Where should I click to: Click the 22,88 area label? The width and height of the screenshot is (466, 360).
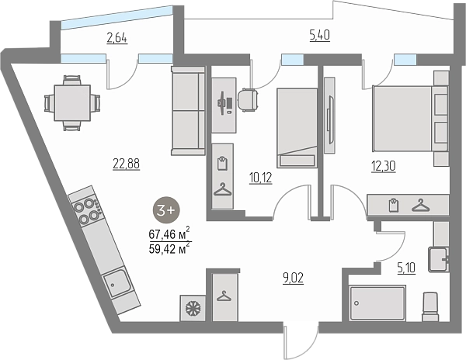click(x=127, y=164)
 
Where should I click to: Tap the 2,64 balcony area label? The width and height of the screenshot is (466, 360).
click(x=117, y=38)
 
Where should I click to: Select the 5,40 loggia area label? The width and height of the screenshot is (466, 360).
click(x=320, y=36)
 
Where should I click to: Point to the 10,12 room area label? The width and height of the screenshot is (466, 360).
click(x=261, y=178)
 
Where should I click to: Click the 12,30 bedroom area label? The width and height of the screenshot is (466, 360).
click(x=384, y=167)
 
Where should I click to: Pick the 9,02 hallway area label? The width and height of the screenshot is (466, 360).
click(x=294, y=279)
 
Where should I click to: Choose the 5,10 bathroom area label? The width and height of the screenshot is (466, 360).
click(x=406, y=269)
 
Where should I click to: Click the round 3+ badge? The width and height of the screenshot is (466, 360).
click(x=166, y=210)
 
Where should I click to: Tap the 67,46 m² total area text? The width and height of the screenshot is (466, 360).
click(x=169, y=234)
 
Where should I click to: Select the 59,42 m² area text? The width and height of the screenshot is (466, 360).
click(x=169, y=248)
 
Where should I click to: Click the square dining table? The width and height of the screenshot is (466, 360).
click(x=72, y=102)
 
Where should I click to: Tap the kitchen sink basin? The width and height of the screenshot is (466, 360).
click(x=117, y=282)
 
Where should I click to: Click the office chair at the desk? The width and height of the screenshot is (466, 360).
click(x=248, y=100)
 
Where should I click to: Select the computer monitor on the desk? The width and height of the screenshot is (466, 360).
click(x=221, y=103)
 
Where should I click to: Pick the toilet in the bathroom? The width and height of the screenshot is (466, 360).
click(x=430, y=307)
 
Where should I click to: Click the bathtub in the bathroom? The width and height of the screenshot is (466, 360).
click(x=377, y=303)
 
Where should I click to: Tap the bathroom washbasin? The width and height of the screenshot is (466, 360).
click(x=438, y=259)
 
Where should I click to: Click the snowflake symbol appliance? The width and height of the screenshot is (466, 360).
click(x=193, y=308)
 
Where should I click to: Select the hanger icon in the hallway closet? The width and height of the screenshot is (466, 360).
click(x=225, y=296)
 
